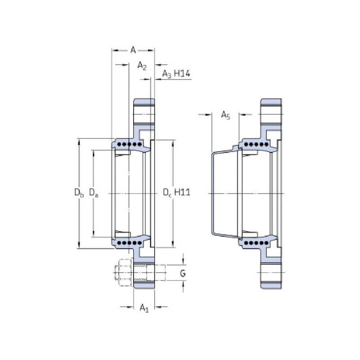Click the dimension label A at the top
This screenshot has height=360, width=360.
coord(133,50)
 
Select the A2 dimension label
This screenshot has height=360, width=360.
coord(142,66)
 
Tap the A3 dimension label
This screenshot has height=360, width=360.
coord(167,74)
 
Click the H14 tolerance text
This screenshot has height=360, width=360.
coord(182,73)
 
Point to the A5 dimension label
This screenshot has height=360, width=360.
coord(225,115)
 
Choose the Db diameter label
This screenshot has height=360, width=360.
coord(79,193)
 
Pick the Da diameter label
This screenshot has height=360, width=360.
coord(94,193)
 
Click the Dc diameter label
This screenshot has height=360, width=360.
coord(167,193)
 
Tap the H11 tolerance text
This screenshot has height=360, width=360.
coord(182,192)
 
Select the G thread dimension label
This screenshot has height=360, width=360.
coord(183,273)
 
